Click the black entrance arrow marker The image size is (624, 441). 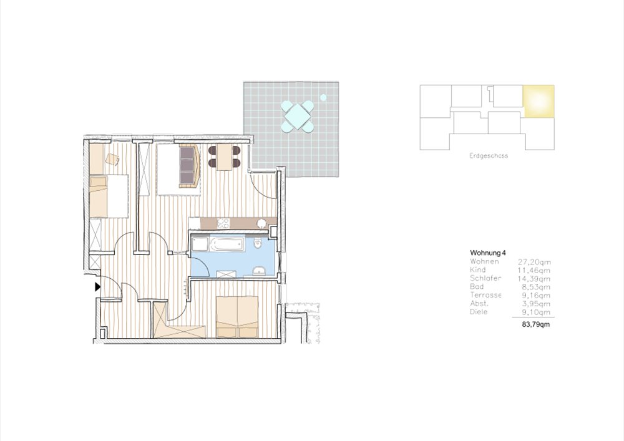coord(97,286)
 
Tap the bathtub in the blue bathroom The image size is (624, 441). coord(227,244)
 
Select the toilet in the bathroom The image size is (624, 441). coord(258,242)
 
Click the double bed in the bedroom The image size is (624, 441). coord(237,317)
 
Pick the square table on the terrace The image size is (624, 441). coord(297,117)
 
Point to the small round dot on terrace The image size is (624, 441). coord(323,97)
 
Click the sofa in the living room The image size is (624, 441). coord(190,166)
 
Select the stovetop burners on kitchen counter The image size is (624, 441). coord(223,223)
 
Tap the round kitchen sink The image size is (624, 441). coord(261,223)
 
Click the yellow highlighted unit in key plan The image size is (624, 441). coord(539,101)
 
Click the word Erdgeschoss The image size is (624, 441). coord(489,156)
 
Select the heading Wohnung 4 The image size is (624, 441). coord(488,253)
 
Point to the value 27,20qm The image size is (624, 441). coord(535,262)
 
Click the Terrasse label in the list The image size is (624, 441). coord(485,295)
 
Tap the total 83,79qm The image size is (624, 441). coord(536,324)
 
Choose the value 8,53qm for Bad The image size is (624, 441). coord(537,287)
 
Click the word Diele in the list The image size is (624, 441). coord(479,312)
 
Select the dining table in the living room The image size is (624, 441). coord(225,157)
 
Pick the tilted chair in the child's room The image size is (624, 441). coord(112,159)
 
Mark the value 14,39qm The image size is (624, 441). coord(535,279)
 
